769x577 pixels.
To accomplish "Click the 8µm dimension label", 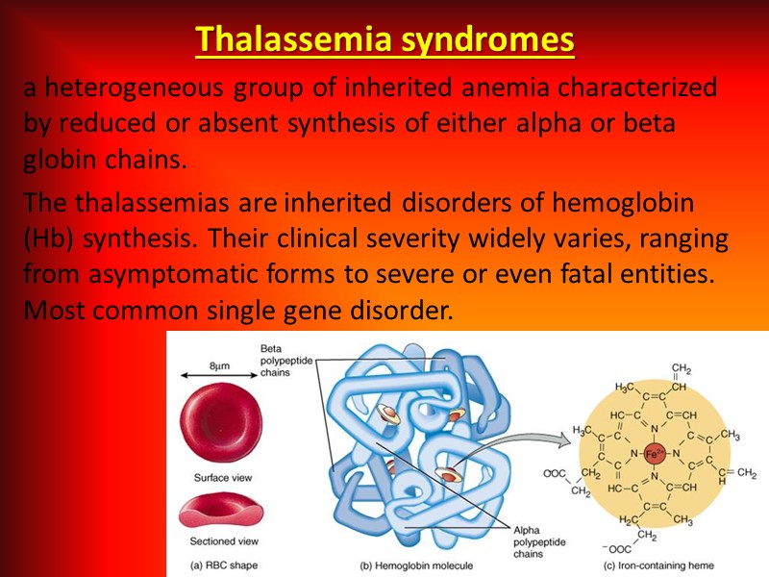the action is [x=219, y=365].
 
